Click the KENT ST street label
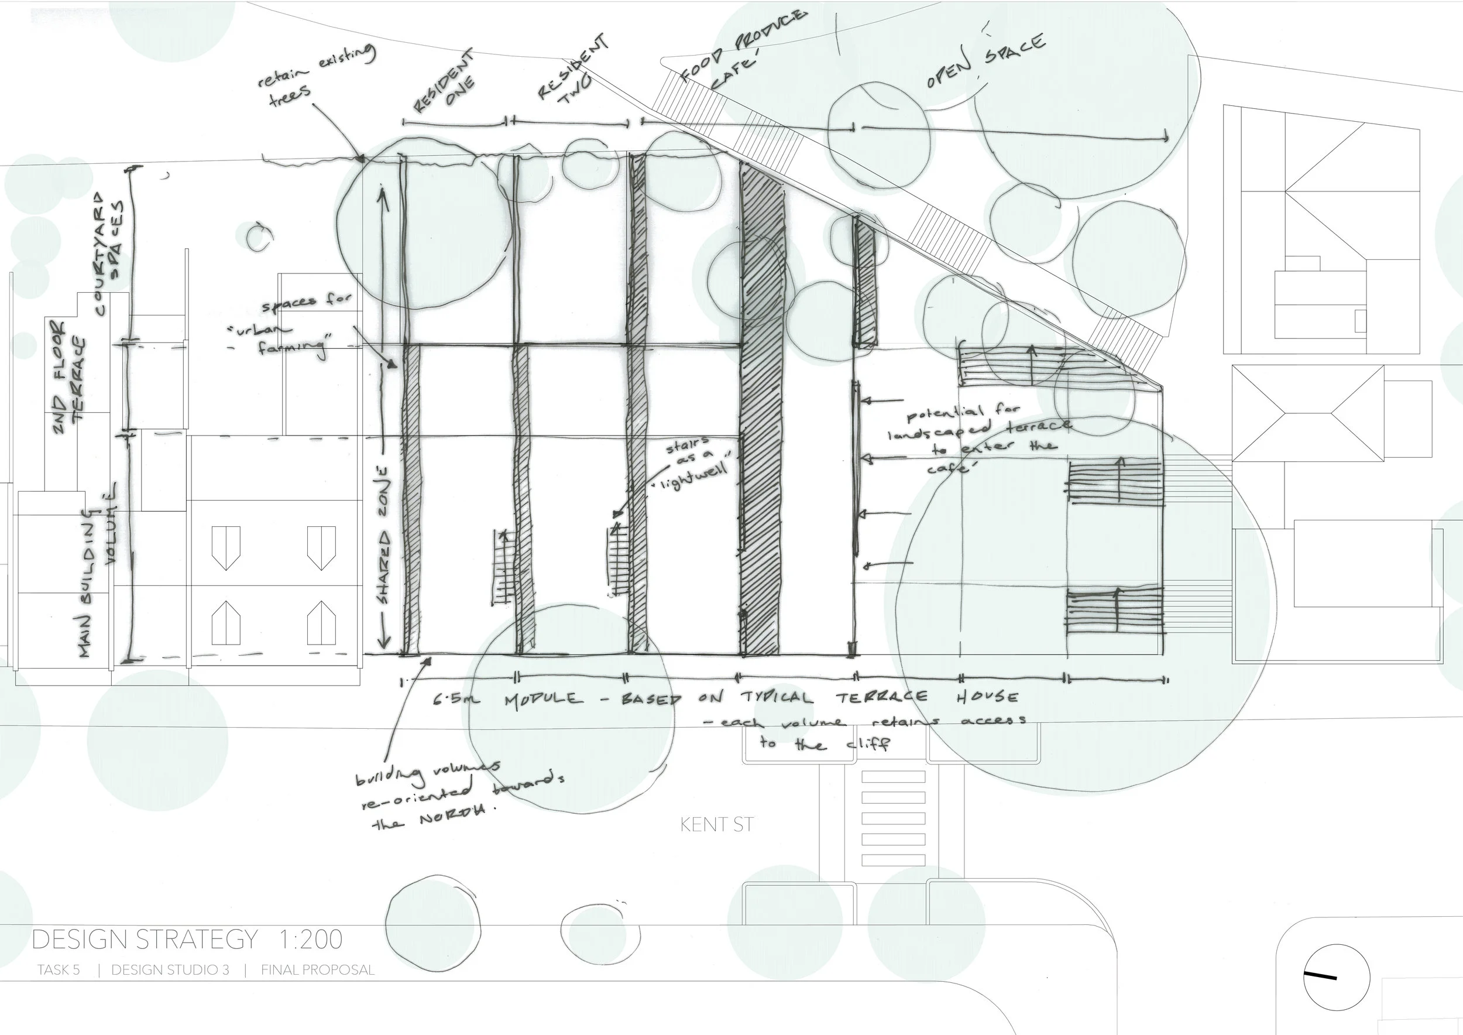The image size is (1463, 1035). point(716,825)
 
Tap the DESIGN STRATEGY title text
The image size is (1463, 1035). point(145,940)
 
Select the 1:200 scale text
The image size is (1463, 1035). point(311,940)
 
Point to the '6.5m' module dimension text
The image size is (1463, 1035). point(456,700)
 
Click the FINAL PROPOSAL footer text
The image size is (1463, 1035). point(317,970)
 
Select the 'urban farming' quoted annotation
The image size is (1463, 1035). point(290,338)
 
